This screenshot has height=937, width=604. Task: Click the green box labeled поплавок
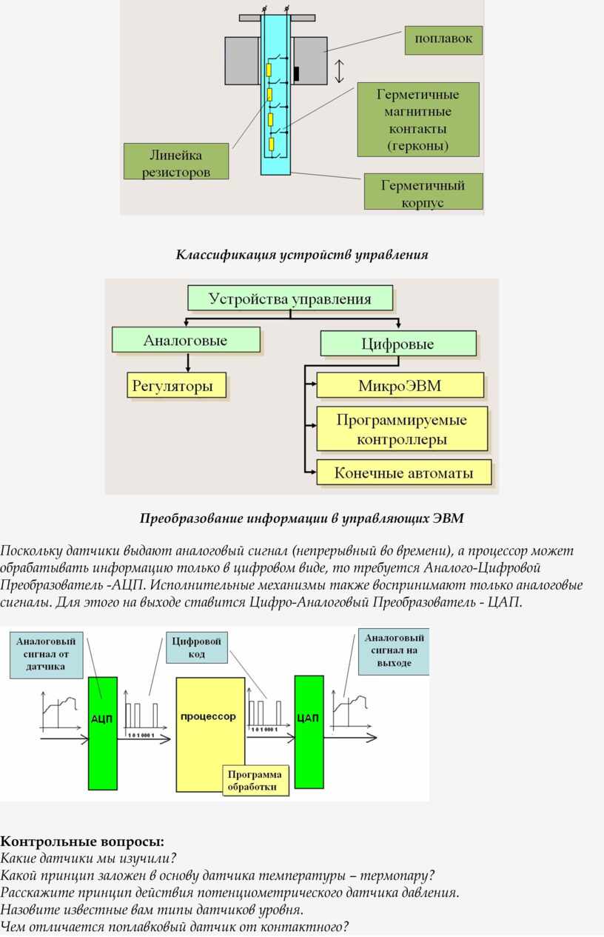(x=443, y=40)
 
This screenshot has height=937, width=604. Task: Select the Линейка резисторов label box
(x=176, y=161)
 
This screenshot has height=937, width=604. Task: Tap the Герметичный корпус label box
(x=423, y=192)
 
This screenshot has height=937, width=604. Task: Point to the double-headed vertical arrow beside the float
(x=340, y=70)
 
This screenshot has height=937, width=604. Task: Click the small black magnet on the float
(x=297, y=73)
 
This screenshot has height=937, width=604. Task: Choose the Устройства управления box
(x=290, y=299)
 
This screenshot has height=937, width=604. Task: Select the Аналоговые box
(x=186, y=340)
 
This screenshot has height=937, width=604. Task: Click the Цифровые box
(x=398, y=344)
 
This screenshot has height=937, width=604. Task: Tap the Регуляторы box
(x=176, y=385)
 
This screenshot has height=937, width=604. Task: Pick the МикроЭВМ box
(x=400, y=385)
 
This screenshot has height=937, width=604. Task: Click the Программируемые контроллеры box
(x=402, y=429)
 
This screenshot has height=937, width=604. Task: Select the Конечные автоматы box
(x=404, y=473)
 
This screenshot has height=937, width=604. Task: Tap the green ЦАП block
(x=309, y=732)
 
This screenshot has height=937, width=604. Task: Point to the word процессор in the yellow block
(x=208, y=716)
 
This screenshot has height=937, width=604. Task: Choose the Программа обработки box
(x=255, y=781)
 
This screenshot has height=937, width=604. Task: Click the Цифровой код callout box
(x=196, y=647)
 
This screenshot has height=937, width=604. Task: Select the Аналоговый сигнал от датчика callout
(x=47, y=654)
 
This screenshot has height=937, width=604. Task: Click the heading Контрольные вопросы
(x=82, y=841)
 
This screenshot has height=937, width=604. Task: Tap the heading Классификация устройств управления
(x=302, y=255)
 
